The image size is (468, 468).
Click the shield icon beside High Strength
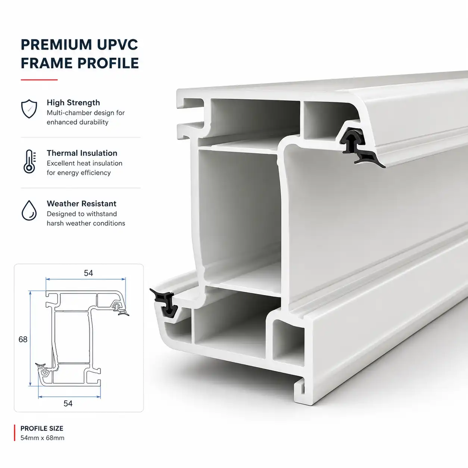[29, 109]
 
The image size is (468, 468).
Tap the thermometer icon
[29, 161]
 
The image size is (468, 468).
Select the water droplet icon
[29, 210]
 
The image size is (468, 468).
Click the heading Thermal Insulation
[82, 153]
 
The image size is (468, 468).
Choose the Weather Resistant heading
[82, 203]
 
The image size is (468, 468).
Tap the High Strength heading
[74, 103]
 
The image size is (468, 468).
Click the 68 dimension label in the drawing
[23, 339]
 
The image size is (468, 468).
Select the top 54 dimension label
[88, 273]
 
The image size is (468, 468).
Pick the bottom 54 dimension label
[68, 403]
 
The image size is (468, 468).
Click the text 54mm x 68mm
[43, 438]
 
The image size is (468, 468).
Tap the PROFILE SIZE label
[42, 428]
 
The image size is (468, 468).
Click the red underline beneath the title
[39, 79]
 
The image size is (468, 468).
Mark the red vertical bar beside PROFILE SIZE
[15, 433]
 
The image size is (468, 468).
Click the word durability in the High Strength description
[93, 122]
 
